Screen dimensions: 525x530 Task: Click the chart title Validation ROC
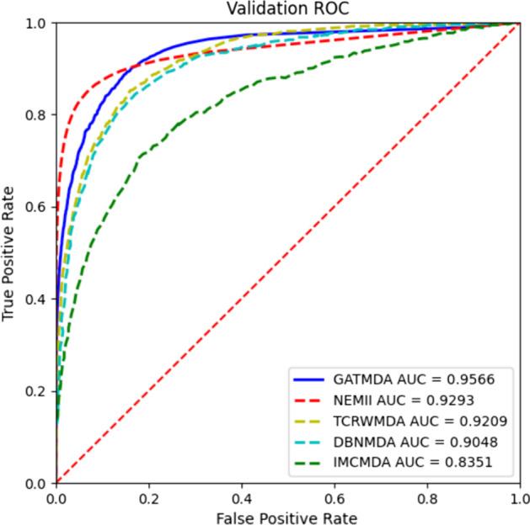(x=287, y=9)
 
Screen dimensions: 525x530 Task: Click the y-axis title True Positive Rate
(x=9, y=253)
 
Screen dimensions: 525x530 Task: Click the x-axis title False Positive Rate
(x=287, y=515)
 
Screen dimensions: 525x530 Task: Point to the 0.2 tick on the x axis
(x=149, y=497)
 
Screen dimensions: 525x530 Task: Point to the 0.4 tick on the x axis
(x=242, y=497)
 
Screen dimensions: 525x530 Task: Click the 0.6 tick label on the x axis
(x=335, y=497)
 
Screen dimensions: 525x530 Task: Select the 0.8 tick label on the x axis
(x=427, y=497)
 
